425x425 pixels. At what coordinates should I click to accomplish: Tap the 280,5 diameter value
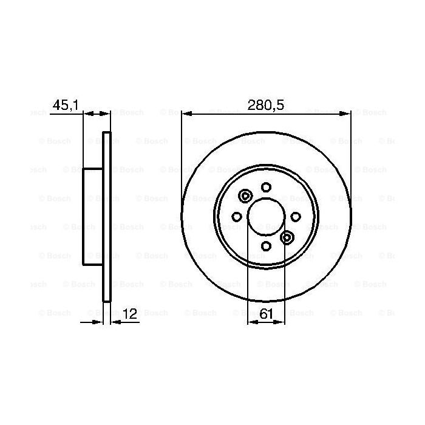click(266, 106)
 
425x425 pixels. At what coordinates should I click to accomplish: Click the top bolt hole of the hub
click(266, 188)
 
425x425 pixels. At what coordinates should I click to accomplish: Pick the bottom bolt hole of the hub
click(266, 245)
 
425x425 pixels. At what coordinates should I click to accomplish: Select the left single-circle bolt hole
click(237, 217)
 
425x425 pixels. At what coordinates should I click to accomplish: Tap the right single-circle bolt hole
click(295, 217)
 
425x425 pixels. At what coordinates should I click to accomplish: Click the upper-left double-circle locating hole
click(246, 196)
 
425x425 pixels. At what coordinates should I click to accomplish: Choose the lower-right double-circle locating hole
click(287, 237)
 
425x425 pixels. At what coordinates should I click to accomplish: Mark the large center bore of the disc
click(266, 217)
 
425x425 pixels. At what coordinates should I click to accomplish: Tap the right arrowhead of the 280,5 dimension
click(345, 113)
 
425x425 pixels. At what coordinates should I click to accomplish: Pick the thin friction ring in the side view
click(107, 216)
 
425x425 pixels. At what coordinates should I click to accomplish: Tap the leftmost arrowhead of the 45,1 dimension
click(87, 113)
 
